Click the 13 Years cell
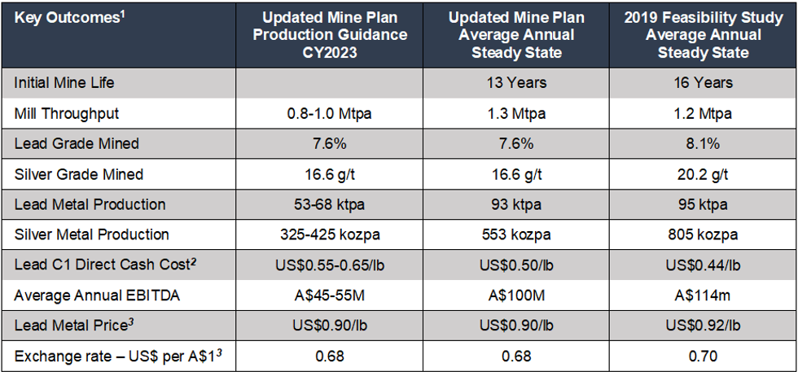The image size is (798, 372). click(x=515, y=83)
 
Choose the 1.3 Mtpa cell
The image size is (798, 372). click(x=515, y=113)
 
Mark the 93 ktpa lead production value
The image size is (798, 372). click(x=515, y=204)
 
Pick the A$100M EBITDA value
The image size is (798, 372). click(x=515, y=295)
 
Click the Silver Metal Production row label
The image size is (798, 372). click(x=92, y=234)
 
